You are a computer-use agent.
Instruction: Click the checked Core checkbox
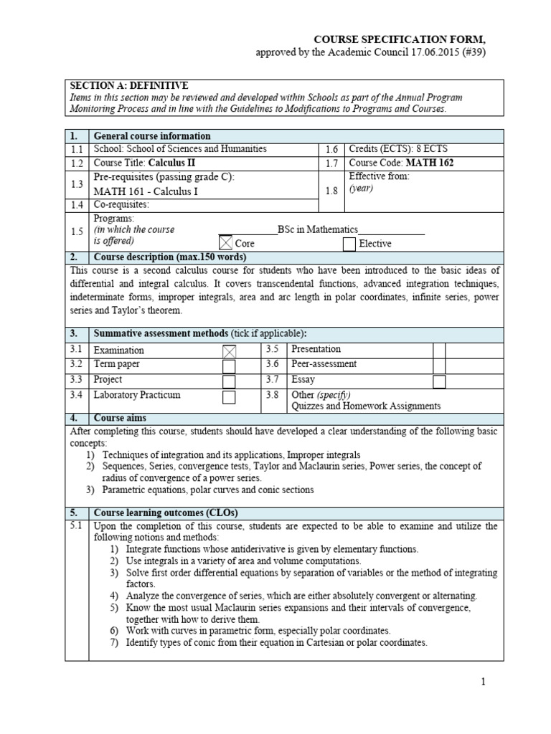[x=226, y=243]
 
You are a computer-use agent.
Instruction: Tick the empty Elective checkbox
[x=349, y=244]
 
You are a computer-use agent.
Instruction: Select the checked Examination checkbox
[x=229, y=351]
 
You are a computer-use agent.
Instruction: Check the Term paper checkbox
[x=229, y=366]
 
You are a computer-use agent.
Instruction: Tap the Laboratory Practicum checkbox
[x=229, y=396]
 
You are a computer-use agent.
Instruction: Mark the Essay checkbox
[x=439, y=381]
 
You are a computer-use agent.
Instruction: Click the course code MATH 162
[x=428, y=163]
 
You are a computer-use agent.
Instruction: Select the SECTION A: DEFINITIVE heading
[x=128, y=86]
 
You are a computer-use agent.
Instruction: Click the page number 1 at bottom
[x=484, y=682]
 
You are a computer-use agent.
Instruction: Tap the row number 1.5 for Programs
[x=77, y=231]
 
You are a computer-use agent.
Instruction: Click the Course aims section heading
[x=120, y=417]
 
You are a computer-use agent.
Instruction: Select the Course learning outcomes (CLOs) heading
[x=166, y=513]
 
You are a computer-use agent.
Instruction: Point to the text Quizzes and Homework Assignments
[x=366, y=406]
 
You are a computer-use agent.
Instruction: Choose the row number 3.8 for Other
[x=272, y=395]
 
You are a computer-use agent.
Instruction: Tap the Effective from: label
[x=379, y=176]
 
